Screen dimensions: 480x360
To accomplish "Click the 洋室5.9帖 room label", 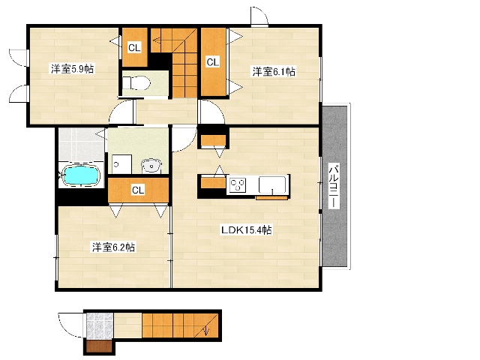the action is tap(72, 69).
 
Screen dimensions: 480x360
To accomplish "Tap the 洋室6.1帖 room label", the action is tap(274, 72).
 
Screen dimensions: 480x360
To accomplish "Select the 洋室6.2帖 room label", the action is tap(113, 247).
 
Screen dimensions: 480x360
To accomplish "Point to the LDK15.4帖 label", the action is tap(247, 230).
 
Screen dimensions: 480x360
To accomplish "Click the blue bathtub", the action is tap(81, 175).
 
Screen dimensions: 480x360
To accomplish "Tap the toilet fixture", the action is tap(136, 82).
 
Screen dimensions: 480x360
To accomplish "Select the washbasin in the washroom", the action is tap(151, 166).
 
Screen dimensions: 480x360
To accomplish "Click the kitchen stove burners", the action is tap(238, 185).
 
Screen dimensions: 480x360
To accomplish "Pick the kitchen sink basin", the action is tap(272, 184).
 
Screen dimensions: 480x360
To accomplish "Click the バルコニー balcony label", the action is tap(334, 187).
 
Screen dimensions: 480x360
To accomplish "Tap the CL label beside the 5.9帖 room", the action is tap(134, 48).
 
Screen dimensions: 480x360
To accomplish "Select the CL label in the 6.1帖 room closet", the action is tap(213, 62).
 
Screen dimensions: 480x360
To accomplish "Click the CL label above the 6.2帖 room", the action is tap(138, 190).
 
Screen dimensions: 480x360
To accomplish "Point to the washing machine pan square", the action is tap(121, 164).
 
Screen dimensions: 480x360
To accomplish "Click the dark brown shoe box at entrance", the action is tap(99, 346).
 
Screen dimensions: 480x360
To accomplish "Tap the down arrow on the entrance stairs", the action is tap(207, 331).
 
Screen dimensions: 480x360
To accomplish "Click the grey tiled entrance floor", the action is tap(99, 325).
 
